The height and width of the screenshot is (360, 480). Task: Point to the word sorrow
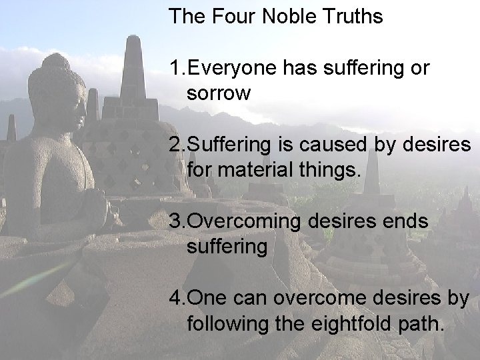(219, 93)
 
